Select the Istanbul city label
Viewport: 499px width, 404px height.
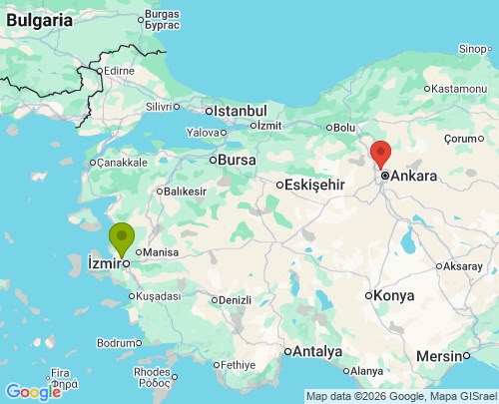[x=240, y=111]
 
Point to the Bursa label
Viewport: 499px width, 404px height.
[x=237, y=160]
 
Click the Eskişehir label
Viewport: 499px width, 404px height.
[x=314, y=185]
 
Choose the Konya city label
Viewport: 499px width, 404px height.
[x=394, y=295]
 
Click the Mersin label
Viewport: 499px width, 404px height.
[x=439, y=356]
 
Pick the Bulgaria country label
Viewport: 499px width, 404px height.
[x=37, y=19]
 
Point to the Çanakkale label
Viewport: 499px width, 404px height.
[x=122, y=162]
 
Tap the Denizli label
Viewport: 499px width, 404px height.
[x=235, y=299]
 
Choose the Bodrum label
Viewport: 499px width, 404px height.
[x=116, y=343]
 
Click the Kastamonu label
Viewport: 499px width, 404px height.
[x=458, y=89]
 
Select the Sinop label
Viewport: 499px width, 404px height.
[x=473, y=48]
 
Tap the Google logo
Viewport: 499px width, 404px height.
[x=32, y=392]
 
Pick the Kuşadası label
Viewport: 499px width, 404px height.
[x=159, y=296]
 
